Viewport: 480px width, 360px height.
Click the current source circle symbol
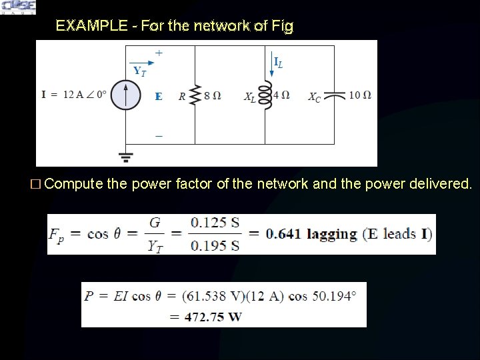[124, 95]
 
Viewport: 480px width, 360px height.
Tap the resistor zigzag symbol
[195, 95]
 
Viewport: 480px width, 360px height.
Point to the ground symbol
[125, 157]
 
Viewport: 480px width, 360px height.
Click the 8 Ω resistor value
[213, 95]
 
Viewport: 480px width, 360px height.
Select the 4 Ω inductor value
[283, 95]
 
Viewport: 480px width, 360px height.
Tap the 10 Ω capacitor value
[360, 95]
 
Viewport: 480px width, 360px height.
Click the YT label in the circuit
[139, 70]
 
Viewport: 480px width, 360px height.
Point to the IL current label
[278, 63]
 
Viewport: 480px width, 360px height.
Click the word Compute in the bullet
[73, 183]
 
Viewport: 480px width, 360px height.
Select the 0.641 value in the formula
[283, 234]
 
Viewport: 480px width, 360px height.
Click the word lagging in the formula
[331, 234]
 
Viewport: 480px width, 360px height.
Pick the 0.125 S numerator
[214, 223]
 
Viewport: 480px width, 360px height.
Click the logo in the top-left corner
[19, 7]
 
